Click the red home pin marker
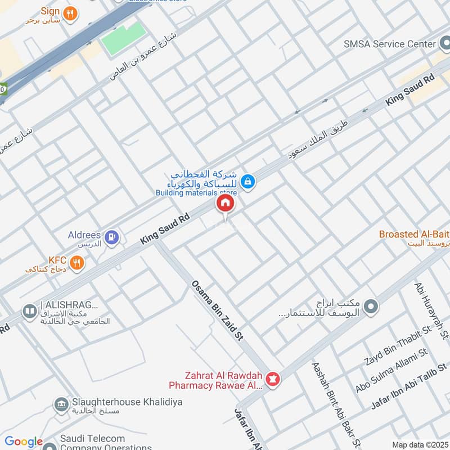click(225, 204)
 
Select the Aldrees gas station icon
click(112, 237)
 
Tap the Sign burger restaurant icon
click(70, 13)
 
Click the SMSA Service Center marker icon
click(445, 44)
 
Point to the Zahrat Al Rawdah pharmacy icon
click(273, 380)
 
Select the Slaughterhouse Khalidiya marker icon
click(61, 404)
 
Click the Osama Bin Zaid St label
click(217, 318)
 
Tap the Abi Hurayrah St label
click(431, 311)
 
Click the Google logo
click(24, 442)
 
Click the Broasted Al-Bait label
click(414, 234)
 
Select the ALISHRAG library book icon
click(29, 310)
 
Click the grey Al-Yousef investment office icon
click(370, 307)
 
